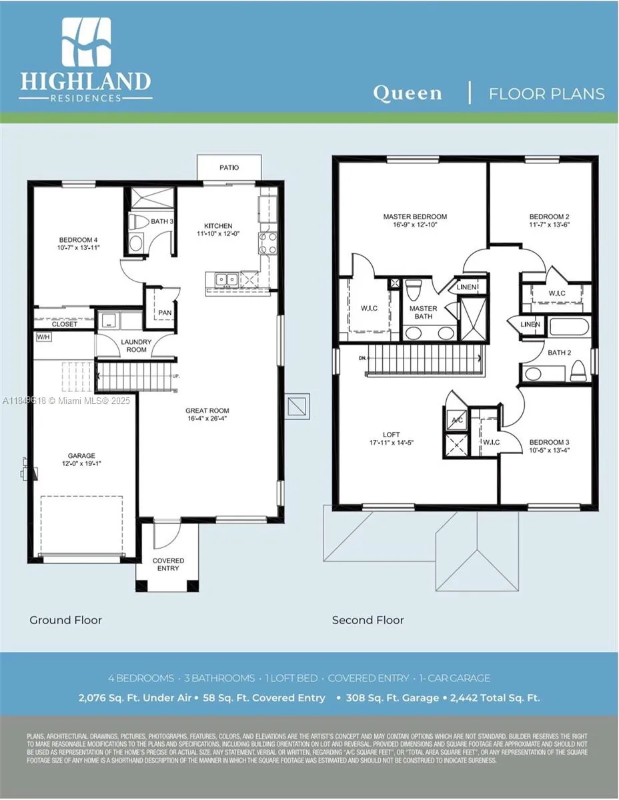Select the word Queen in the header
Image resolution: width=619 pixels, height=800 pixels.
tap(407, 93)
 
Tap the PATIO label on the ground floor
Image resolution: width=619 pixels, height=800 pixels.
tap(229, 167)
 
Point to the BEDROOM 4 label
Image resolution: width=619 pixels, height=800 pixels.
tap(78, 240)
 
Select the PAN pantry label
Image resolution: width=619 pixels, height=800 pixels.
tap(164, 312)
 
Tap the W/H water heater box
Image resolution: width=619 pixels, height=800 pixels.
tap(43, 337)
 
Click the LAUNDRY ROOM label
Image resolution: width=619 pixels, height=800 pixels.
tap(136, 346)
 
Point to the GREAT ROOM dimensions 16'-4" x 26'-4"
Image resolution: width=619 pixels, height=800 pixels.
tap(207, 419)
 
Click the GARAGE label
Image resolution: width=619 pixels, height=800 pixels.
tap(81, 456)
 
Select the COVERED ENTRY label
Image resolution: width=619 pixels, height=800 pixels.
tap(168, 565)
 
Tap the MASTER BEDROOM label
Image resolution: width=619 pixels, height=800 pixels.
tap(415, 217)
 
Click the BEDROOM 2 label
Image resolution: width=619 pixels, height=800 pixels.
tap(549, 217)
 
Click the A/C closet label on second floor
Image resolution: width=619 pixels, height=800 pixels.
tap(458, 420)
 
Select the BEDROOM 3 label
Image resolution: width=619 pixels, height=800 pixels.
tap(549, 442)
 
